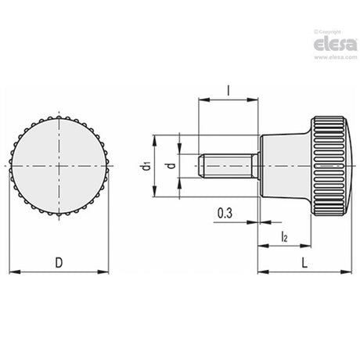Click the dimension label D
[59, 262]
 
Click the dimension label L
[304, 263]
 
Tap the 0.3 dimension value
[225, 213]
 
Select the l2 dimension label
[284, 237]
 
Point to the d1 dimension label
[147, 166]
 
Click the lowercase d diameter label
[171, 165]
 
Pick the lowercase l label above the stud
[229, 91]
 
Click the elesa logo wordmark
[335, 45]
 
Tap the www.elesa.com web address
[335, 57]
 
